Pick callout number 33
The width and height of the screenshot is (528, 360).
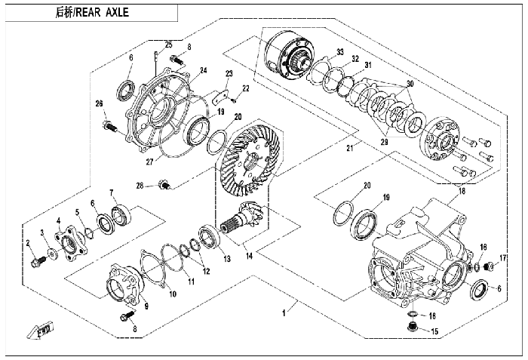click(340, 52)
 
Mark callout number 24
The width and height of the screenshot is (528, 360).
click(203, 72)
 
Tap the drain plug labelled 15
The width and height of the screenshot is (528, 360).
click(412, 328)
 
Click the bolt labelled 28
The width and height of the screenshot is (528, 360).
click(165, 183)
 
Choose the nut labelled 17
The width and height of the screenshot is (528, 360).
click(488, 266)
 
